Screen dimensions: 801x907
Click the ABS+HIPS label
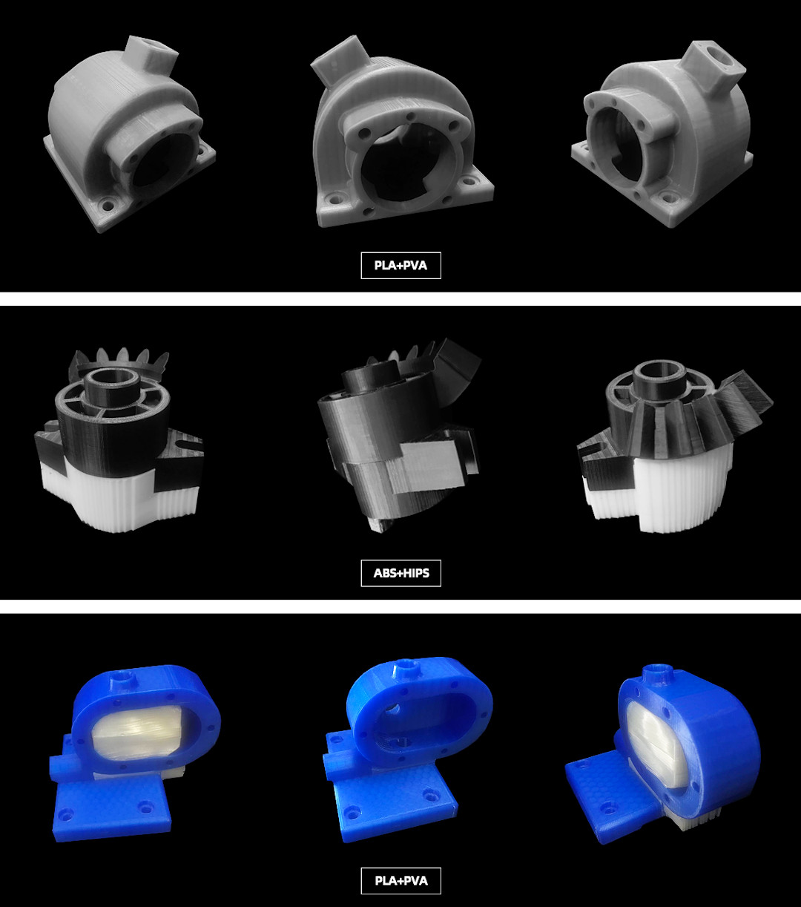tap(401, 572)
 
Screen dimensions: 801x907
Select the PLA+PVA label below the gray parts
tap(401, 265)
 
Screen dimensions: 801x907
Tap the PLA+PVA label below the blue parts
tap(401, 880)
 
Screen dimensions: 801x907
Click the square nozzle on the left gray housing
tap(151, 55)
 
